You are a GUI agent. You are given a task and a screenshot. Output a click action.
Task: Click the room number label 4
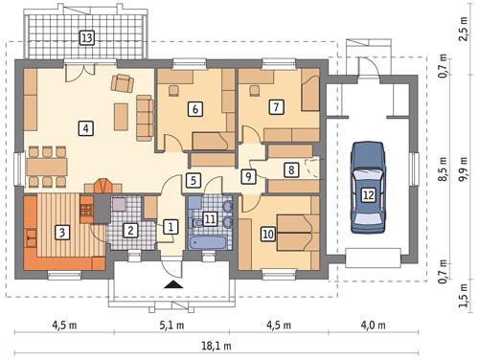pyautogui.click(x=86, y=126)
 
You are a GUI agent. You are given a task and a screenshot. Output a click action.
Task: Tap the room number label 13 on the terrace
pyautogui.click(x=87, y=38)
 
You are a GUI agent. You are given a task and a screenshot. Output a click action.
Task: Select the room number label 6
pyautogui.click(x=194, y=109)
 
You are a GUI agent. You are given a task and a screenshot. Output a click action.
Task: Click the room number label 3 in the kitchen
pyautogui.click(x=60, y=231)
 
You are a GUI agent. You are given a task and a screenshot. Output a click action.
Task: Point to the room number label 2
pyautogui.click(x=130, y=230)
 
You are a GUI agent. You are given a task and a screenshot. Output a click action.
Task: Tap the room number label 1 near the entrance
pyautogui.click(x=170, y=227)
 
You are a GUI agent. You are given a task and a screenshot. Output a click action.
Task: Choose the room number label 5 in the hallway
pyautogui.click(x=193, y=180)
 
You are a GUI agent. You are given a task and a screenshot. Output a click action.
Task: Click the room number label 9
pyautogui.click(x=248, y=176)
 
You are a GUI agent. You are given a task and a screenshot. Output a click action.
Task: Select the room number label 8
pyautogui.click(x=290, y=169)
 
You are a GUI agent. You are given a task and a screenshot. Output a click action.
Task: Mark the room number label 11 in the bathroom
pyautogui.click(x=210, y=219)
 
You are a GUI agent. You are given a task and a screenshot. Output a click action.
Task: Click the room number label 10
pyautogui.click(x=268, y=233)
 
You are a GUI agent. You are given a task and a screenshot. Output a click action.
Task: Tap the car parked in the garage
pyautogui.click(x=369, y=187)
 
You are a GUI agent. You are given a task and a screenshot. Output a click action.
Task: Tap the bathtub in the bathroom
pyautogui.click(x=208, y=243)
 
